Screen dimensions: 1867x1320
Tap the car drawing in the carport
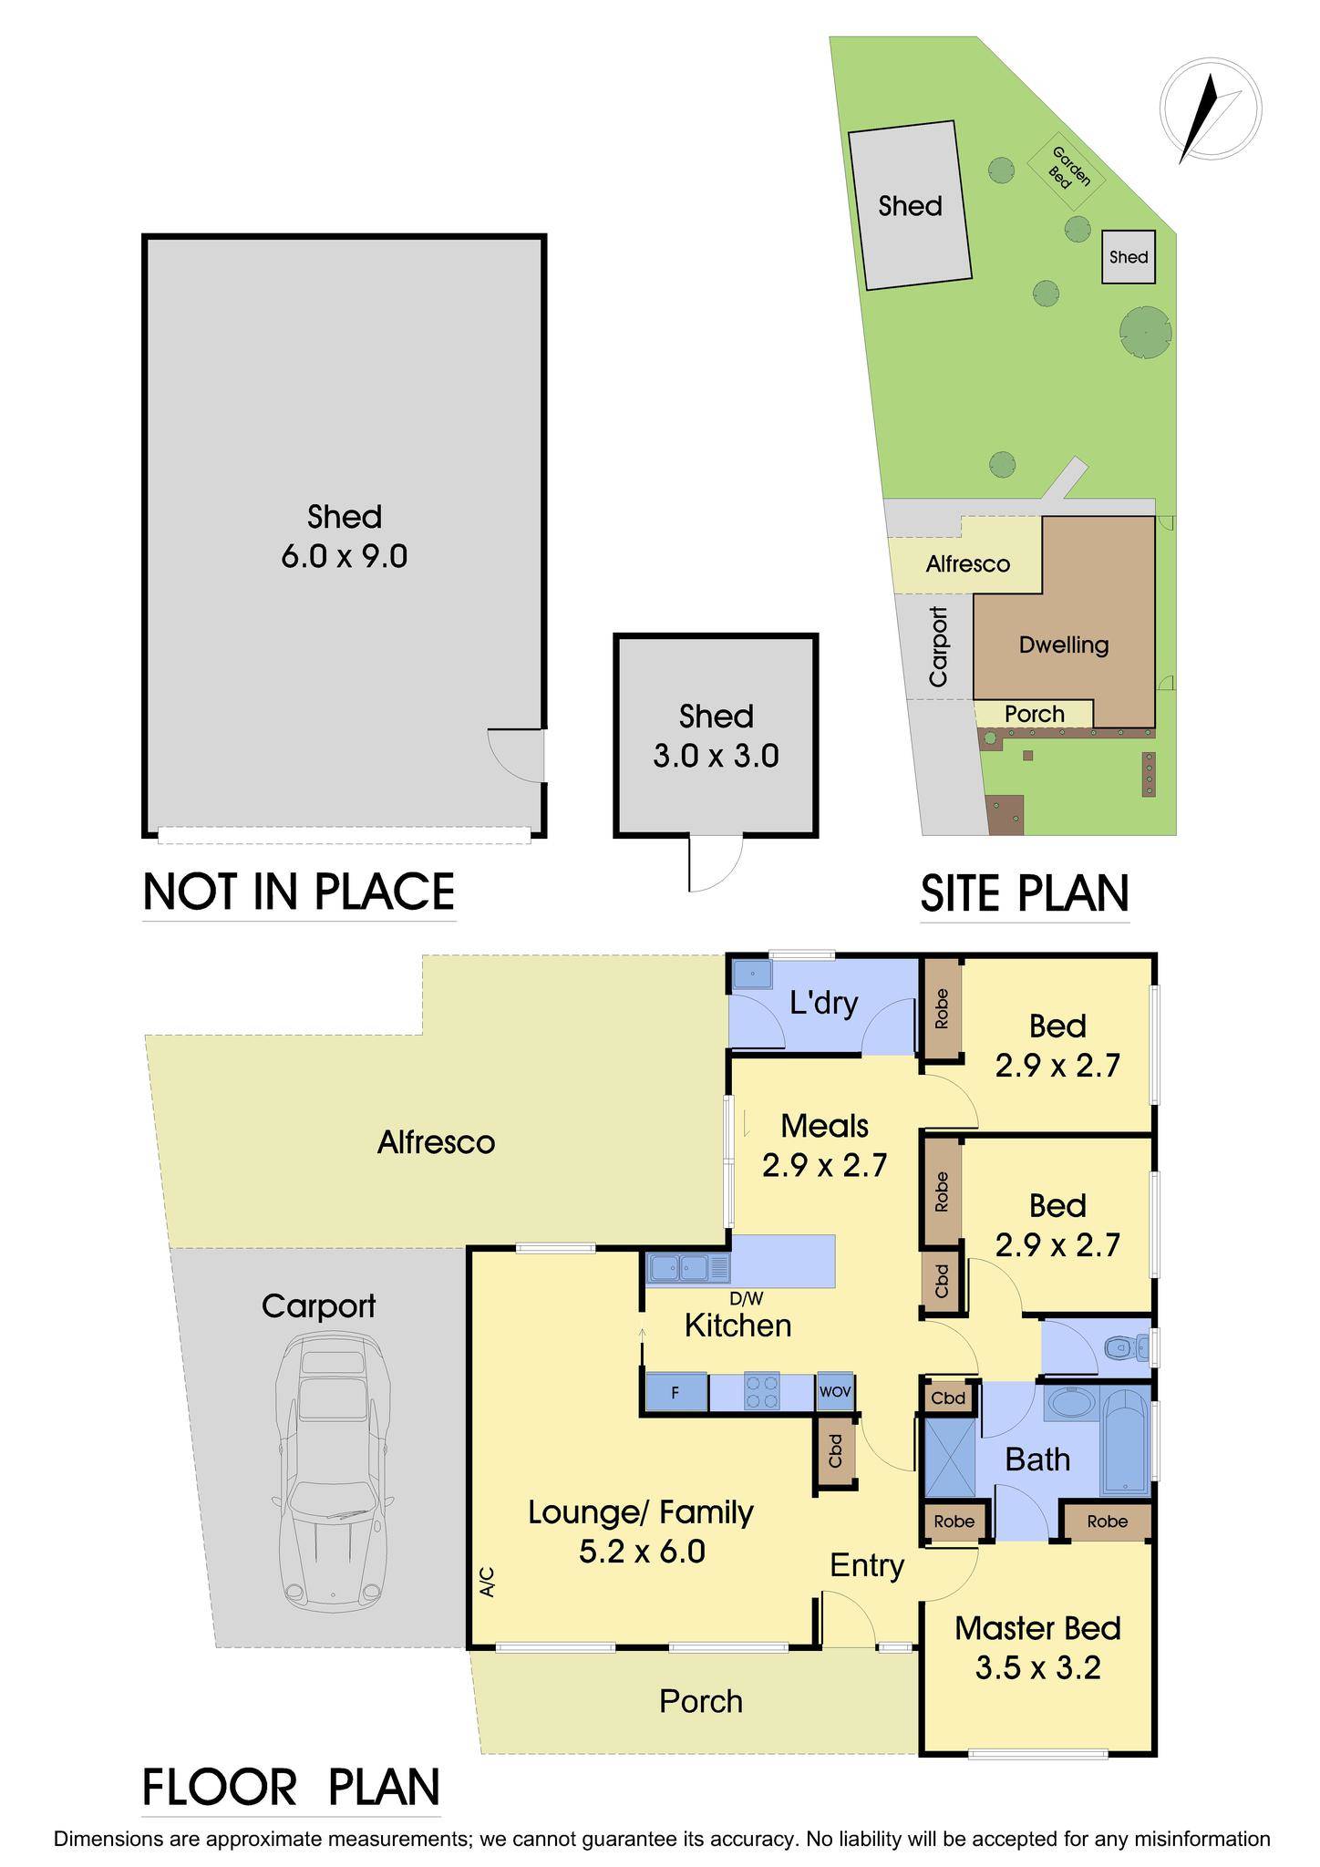[x=333, y=1470]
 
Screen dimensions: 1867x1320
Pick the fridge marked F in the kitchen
[x=675, y=1393]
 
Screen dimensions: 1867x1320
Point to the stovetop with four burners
[x=762, y=1393]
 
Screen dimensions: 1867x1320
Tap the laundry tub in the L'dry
[x=752, y=974]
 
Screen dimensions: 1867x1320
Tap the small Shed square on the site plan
[x=1129, y=257]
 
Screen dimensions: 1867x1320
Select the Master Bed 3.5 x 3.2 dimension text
[x=1037, y=1668]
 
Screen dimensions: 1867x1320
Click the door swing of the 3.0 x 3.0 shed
[x=715, y=862]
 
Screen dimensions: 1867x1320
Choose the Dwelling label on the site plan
[x=1063, y=645]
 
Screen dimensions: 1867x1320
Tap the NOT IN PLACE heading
[x=299, y=892]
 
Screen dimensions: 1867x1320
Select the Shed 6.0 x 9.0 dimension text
[x=344, y=555]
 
